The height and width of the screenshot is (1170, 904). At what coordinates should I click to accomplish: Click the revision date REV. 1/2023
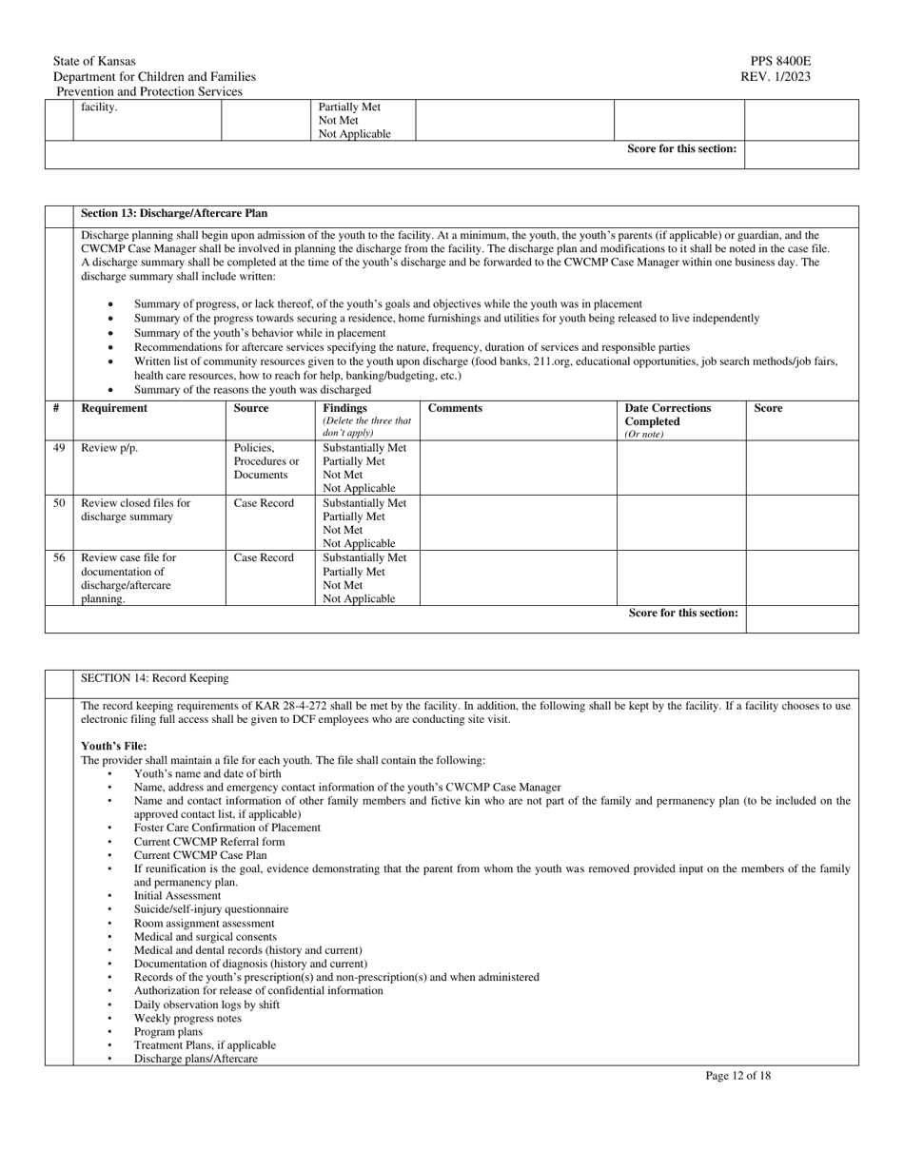tap(776, 77)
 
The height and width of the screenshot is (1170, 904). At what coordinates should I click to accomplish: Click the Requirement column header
tap(114, 408)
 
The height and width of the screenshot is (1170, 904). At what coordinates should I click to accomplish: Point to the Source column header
tap(251, 408)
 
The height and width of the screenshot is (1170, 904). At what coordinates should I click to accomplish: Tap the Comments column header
tap(455, 408)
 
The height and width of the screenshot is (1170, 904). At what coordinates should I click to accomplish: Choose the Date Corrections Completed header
tap(667, 415)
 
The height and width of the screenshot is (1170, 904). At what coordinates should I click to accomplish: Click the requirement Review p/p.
tap(109, 448)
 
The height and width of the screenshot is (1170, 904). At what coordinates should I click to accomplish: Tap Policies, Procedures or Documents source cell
tap(266, 461)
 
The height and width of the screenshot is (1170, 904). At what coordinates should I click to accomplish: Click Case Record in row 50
tap(264, 503)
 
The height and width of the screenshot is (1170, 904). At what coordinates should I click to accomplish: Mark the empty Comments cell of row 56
tap(519, 577)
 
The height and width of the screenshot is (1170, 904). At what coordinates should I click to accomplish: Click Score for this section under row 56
tap(683, 613)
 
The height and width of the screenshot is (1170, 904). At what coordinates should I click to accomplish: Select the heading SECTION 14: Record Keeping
tap(155, 678)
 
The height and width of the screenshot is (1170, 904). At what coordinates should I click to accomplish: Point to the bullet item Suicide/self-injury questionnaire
tap(210, 909)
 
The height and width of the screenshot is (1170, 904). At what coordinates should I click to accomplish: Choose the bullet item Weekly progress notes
tap(187, 1018)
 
